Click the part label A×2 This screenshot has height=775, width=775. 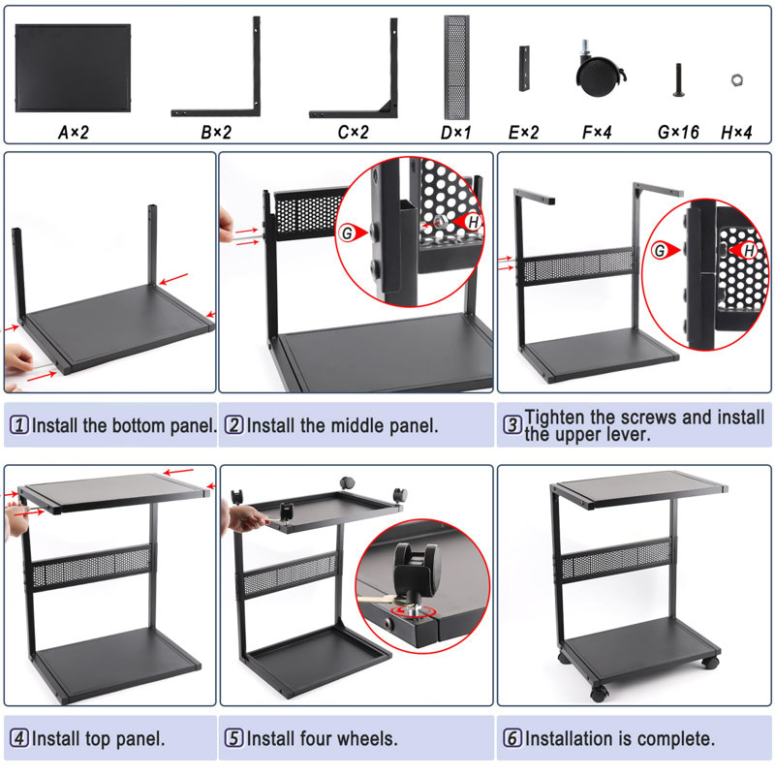pos(74,132)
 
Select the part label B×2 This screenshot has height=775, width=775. pos(216,132)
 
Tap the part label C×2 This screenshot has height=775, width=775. pos(353,132)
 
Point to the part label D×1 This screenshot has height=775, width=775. pos(455,132)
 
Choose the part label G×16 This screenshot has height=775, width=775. pos(678,132)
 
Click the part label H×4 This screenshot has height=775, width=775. pos(736,132)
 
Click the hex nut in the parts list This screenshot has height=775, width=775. pos(737,79)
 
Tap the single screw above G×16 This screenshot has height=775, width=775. pos(678,79)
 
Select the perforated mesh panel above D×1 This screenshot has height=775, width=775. pos(456,67)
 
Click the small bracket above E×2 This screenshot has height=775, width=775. pos(524,69)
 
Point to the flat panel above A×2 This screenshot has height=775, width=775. pos(74,68)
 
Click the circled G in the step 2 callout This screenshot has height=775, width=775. pos(348,232)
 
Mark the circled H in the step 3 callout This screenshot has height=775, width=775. pos(749,251)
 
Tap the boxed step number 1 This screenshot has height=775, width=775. pos(19,424)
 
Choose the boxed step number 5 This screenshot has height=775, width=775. pos(233,738)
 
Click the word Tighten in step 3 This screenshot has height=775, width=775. pos(554,418)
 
